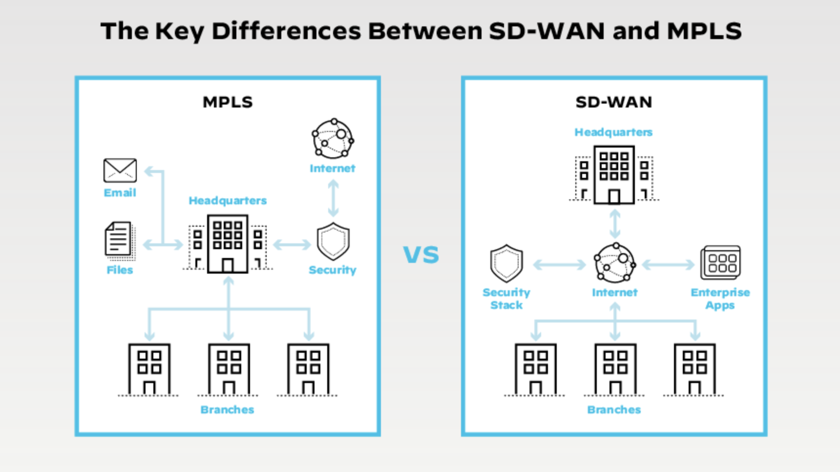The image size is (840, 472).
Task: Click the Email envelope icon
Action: [x=120, y=170]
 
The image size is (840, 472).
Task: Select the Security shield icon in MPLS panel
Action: [x=333, y=241]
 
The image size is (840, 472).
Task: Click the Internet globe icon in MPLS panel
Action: [x=333, y=139]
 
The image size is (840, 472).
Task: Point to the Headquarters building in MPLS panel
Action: [x=228, y=243]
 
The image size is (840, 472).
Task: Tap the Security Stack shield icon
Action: [x=506, y=264]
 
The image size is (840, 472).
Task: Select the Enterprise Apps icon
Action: [x=720, y=262]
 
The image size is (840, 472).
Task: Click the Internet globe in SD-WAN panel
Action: [x=615, y=263]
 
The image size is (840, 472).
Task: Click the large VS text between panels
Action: [x=421, y=255]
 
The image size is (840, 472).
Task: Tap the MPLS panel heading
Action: [x=228, y=102]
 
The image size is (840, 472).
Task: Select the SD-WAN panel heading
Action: [x=614, y=102]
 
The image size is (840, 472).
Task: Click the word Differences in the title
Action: [x=286, y=31]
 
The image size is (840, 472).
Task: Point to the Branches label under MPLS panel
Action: [x=227, y=409]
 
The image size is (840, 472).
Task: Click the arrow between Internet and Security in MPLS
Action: [x=333, y=198]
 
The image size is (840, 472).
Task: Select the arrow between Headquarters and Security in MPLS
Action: [x=292, y=244]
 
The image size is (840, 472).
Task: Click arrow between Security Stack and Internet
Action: [x=559, y=265]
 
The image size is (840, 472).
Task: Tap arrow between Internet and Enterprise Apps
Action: [x=668, y=265]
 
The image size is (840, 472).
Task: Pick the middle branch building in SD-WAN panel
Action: [x=615, y=369]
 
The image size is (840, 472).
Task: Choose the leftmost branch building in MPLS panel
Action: [x=149, y=369]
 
